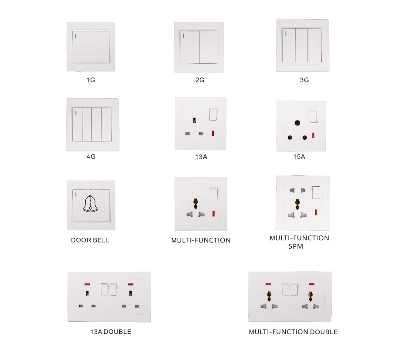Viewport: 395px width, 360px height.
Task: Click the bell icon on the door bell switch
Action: [91, 203]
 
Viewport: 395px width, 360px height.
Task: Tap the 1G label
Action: [91, 80]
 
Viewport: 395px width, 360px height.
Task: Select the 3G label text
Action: [304, 80]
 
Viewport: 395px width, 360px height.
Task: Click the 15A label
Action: [299, 157]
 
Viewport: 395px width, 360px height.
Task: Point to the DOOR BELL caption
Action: [90, 240]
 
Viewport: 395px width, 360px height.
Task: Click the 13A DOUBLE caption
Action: [111, 332]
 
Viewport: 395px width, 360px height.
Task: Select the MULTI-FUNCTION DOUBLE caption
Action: [293, 332]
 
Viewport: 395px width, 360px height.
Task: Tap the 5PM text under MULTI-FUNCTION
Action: [296, 246]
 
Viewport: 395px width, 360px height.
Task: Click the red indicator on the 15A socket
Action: [314, 135]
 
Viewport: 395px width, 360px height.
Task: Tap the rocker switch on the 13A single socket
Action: [213, 114]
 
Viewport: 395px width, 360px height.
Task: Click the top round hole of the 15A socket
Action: [297, 123]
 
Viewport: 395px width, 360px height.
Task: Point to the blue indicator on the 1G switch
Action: [76, 36]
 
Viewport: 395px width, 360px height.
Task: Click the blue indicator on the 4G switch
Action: [76, 113]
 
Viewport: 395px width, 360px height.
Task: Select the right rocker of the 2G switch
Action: [209, 47]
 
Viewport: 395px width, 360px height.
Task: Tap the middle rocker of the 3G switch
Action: [301, 45]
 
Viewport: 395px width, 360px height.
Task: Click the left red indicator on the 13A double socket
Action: [87, 284]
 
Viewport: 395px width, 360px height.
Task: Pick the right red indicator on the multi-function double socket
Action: [312, 284]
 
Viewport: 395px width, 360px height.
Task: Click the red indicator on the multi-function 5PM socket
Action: [316, 212]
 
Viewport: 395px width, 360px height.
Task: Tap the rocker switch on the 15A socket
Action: [314, 117]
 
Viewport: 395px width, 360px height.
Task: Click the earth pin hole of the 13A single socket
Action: [195, 120]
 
